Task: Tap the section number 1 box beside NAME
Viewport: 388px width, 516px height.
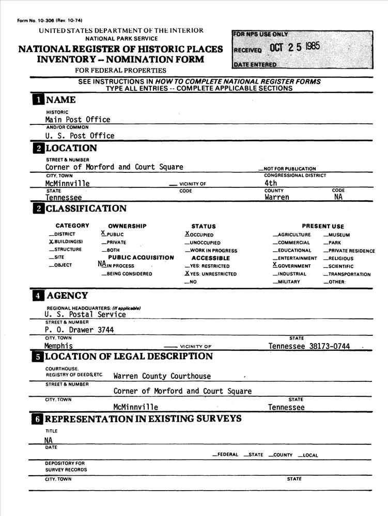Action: tap(38, 100)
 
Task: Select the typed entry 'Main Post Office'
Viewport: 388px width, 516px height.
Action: tap(77, 120)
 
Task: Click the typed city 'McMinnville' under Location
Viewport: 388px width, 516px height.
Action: tap(67, 184)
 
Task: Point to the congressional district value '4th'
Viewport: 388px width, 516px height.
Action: tap(271, 183)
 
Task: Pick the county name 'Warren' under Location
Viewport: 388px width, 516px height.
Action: tap(277, 197)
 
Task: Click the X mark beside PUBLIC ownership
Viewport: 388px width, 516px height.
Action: tap(103, 233)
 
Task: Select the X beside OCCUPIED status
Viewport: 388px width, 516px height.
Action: tap(187, 234)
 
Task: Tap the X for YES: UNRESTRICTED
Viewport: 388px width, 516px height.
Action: tap(187, 273)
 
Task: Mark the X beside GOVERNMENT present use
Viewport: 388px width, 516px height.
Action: tap(275, 265)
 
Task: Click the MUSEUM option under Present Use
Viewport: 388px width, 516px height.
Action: tap(339, 235)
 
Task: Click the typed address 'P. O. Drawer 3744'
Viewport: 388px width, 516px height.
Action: tap(80, 330)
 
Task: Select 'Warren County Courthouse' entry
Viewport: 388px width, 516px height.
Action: tap(162, 376)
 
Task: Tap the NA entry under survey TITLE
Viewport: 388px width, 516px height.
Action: tap(49, 440)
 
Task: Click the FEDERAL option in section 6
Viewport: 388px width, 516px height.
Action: tap(227, 455)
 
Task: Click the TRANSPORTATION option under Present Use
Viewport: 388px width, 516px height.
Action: tap(349, 275)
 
